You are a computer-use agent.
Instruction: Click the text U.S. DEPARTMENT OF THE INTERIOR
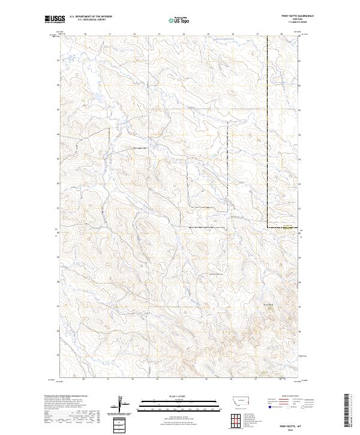[x=91, y=17]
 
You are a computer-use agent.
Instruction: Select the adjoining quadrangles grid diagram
[x=234, y=419]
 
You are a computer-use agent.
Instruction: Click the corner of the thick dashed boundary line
[x=267, y=227]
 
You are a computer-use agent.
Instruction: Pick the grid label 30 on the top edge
[x=85, y=34]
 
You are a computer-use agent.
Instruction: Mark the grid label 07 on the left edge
[x=58, y=61]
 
